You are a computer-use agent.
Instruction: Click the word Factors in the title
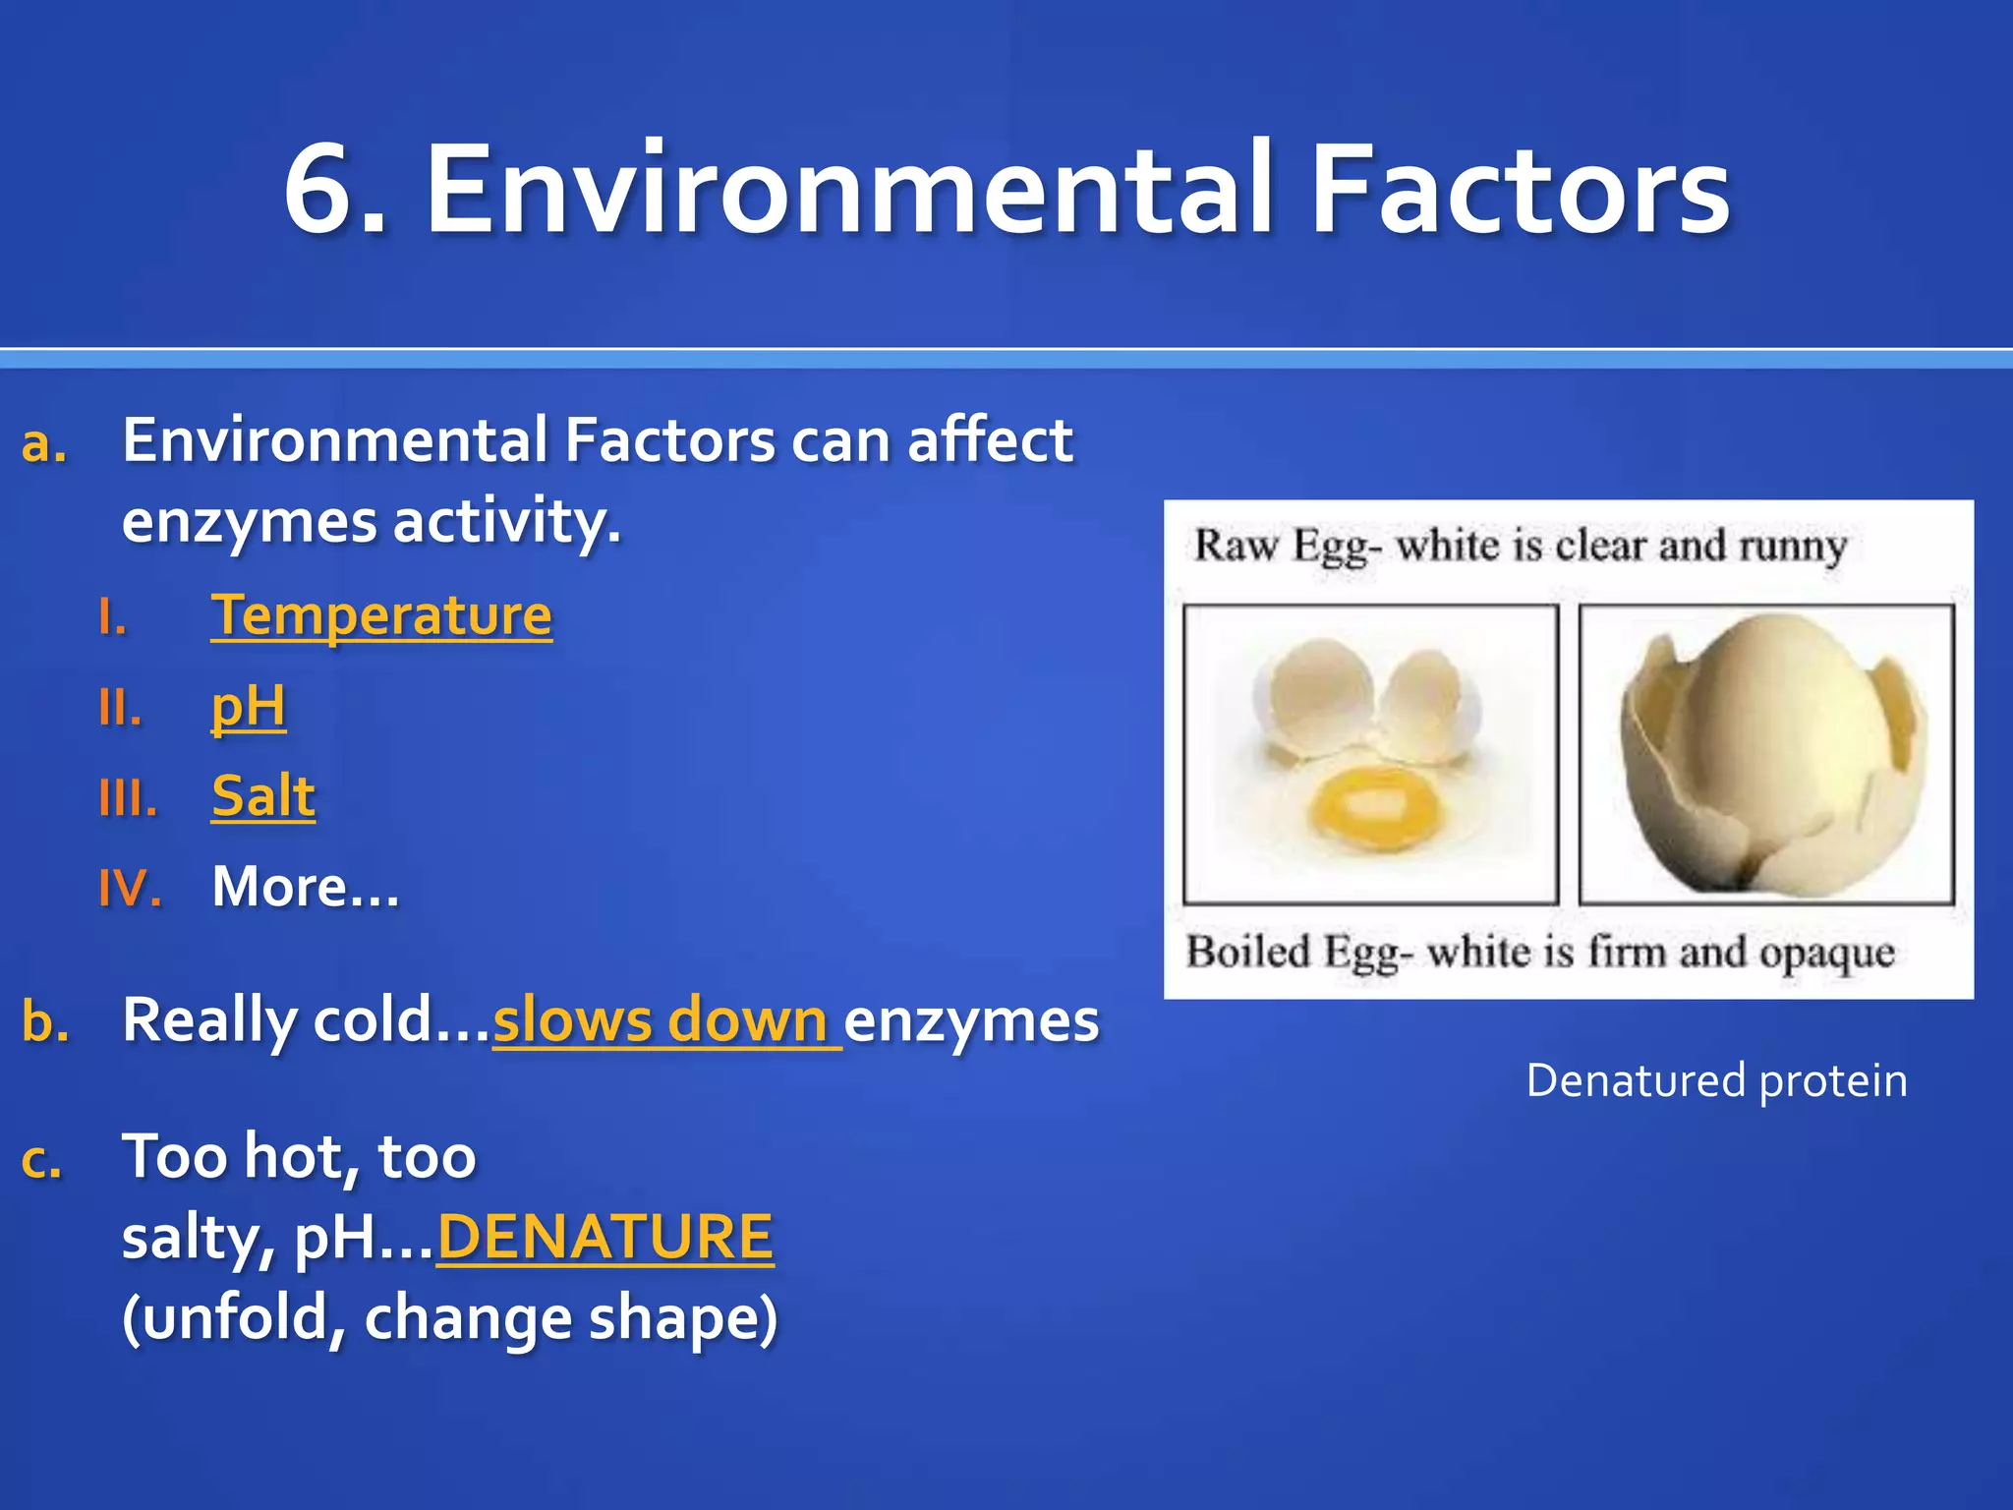pos(1520,189)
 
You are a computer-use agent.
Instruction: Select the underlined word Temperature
pos(381,616)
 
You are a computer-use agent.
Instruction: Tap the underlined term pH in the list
pos(248,706)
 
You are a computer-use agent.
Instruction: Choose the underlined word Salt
pos(262,795)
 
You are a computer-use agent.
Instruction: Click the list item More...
pos(305,887)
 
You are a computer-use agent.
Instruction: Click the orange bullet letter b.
pos(45,1021)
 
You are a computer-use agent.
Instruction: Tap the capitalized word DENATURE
pos(605,1237)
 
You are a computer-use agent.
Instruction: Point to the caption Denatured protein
pos(1716,1080)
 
